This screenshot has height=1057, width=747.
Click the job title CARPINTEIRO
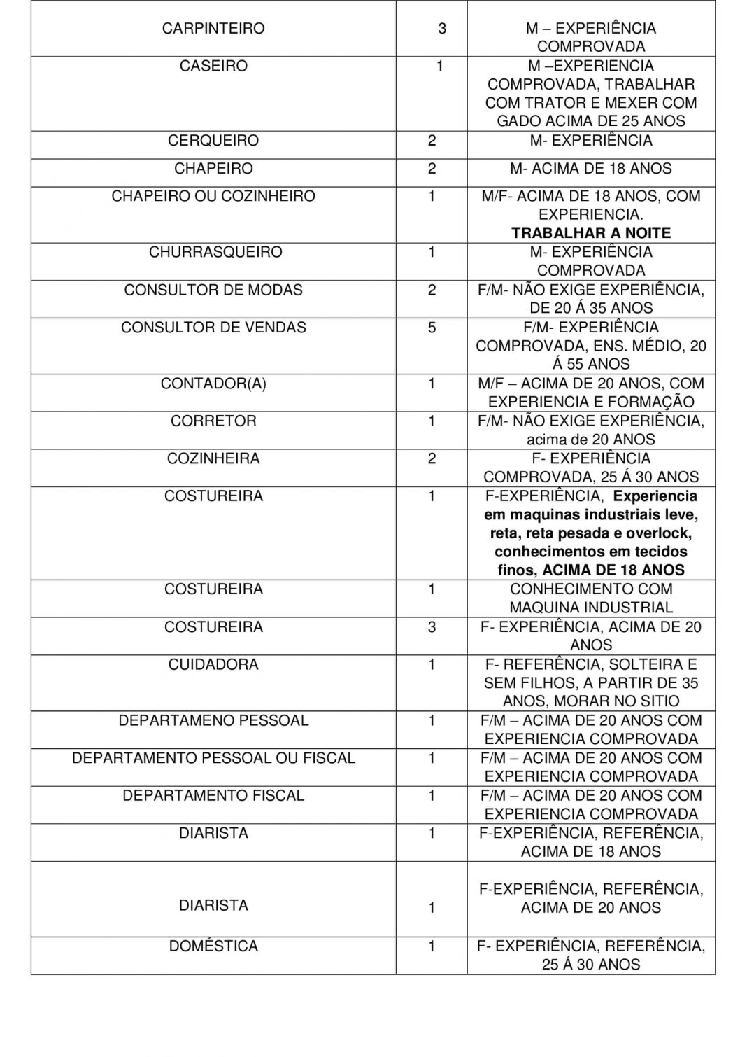tap(213, 29)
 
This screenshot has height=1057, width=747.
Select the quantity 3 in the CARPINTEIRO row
tap(441, 29)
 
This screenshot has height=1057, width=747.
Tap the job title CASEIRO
tap(213, 66)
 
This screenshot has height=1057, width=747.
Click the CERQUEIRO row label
tap(213, 141)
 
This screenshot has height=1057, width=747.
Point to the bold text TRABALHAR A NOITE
tap(591, 233)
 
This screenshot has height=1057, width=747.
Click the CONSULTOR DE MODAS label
tap(213, 290)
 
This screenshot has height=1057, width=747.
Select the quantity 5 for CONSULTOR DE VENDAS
tap(432, 328)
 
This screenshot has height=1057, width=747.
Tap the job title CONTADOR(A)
tap(213, 384)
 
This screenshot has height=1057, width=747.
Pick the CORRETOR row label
tap(213, 421)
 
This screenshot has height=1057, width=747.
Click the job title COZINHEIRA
tap(213, 458)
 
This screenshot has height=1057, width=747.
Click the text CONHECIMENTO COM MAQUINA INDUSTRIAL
tap(591, 598)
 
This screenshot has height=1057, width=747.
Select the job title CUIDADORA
tap(213, 664)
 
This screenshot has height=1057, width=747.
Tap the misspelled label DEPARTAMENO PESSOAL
tap(213, 720)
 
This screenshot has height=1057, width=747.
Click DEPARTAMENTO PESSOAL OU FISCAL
tap(213, 758)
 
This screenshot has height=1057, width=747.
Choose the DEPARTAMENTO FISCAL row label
tap(213, 796)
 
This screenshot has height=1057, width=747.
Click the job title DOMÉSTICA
tap(213, 946)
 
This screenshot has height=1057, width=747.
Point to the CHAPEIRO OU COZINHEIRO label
tap(213, 196)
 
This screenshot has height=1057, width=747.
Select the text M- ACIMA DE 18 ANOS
tap(591, 169)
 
